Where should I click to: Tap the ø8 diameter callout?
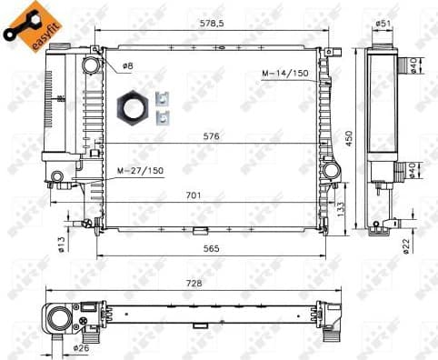(129, 67)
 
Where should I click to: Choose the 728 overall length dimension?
(194, 283)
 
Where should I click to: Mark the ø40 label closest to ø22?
(413, 171)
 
